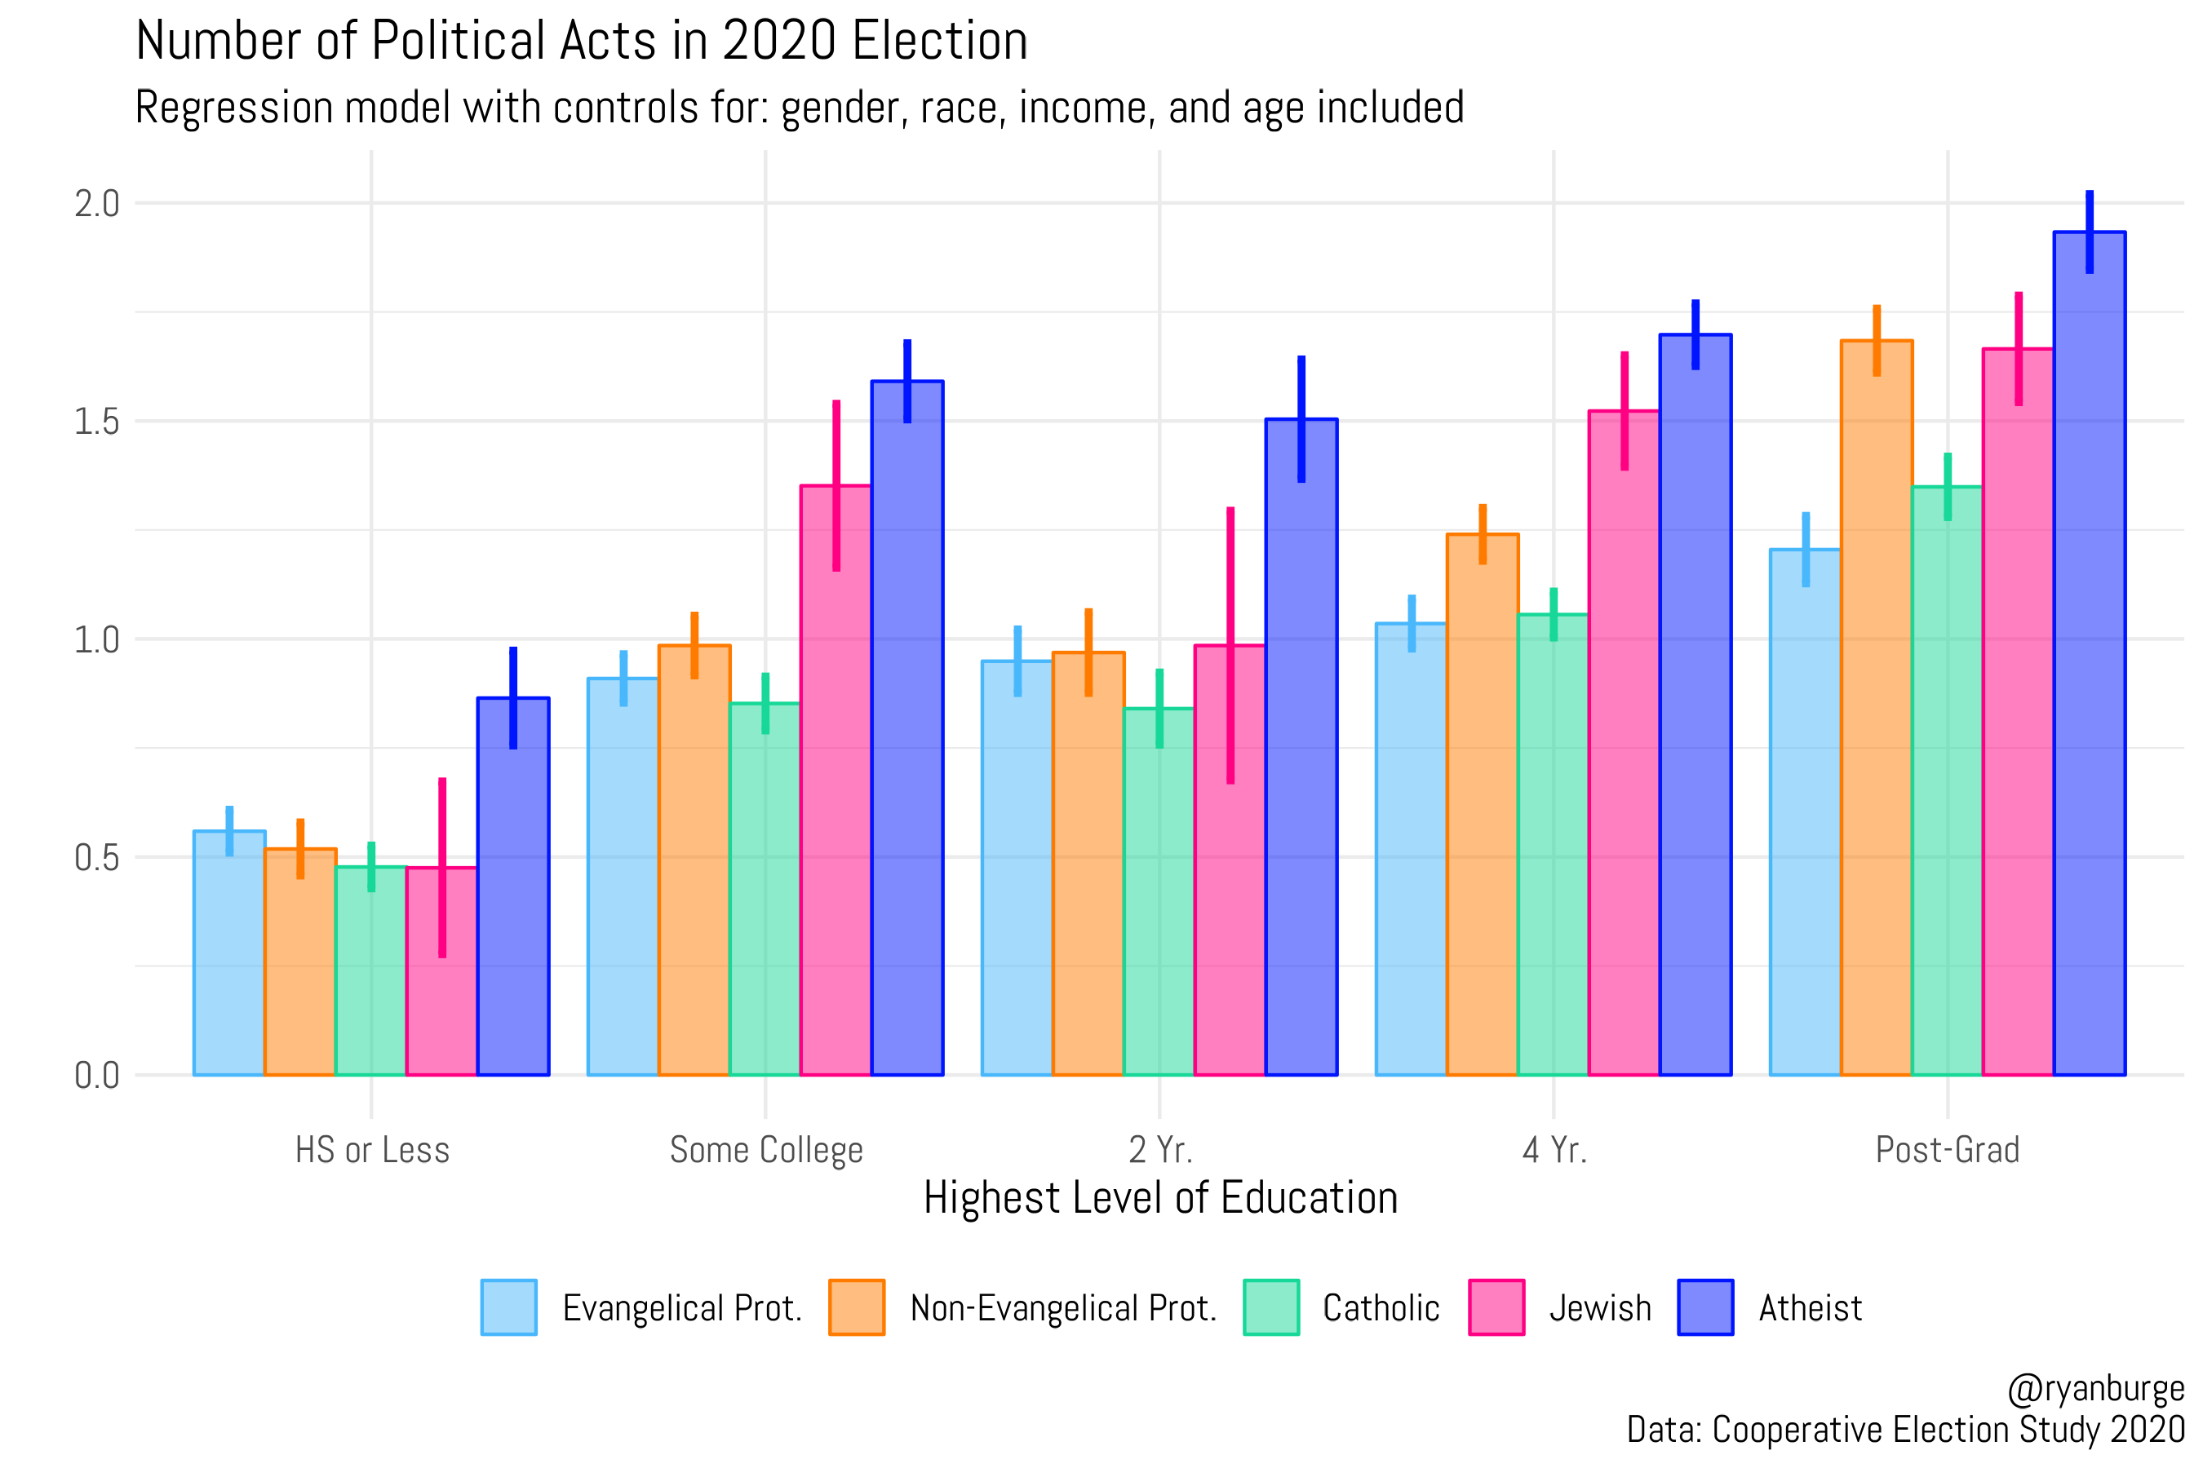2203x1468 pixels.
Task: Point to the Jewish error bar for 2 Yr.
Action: pyautogui.click(x=1230, y=646)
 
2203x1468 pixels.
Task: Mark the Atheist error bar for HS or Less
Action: pyautogui.click(x=513, y=697)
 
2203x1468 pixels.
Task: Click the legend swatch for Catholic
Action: pyautogui.click(x=1271, y=1307)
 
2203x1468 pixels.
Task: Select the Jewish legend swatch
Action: pyautogui.click(x=1496, y=1307)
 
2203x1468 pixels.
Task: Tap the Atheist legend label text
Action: pyautogui.click(x=1810, y=1308)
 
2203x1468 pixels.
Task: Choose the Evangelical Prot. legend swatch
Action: pyautogui.click(x=508, y=1307)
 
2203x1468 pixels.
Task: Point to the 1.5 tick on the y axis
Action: pyautogui.click(x=96, y=422)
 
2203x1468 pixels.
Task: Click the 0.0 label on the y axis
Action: pyautogui.click(x=96, y=1076)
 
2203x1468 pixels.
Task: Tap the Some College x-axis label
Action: pyautogui.click(x=766, y=1150)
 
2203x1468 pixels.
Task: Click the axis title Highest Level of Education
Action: pyautogui.click(x=1159, y=1198)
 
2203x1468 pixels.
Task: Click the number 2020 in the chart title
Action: pyautogui.click(x=779, y=42)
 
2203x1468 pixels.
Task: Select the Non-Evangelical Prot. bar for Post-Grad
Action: pyautogui.click(x=1876, y=711)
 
